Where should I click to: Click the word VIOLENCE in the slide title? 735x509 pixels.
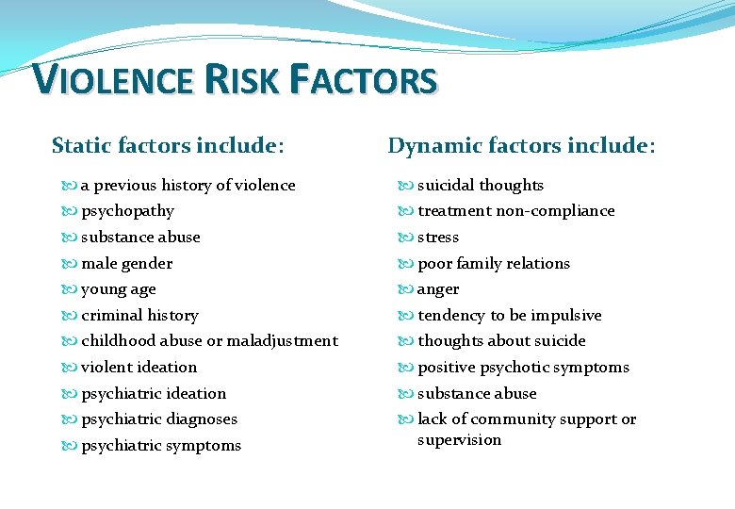click(x=110, y=80)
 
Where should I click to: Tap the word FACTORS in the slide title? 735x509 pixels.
click(x=366, y=80)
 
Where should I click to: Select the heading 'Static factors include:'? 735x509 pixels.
click(x=168, y=145)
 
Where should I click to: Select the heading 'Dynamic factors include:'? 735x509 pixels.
click(x=521, y=145)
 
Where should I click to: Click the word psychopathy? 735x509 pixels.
click(x=127, y=211)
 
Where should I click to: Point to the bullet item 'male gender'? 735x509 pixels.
click(x=126, y=263)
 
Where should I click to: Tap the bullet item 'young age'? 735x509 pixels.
click(x=118, y=289)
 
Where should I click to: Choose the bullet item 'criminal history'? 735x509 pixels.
click(x=139, y=315)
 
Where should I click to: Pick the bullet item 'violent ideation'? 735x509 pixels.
click(x=139, y=367)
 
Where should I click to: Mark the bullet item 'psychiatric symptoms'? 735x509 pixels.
click(x=161, y=445)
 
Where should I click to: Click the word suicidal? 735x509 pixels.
click(x=447, y=185)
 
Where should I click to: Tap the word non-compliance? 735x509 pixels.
click(x=555, y=211)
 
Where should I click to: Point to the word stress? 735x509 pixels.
click(x=438, y=238)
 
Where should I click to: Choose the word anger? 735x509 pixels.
click(x=438, y=289)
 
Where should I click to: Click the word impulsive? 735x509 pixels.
click(x=565, y=315)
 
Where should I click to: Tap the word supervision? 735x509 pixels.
click(x=459, y=440)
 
